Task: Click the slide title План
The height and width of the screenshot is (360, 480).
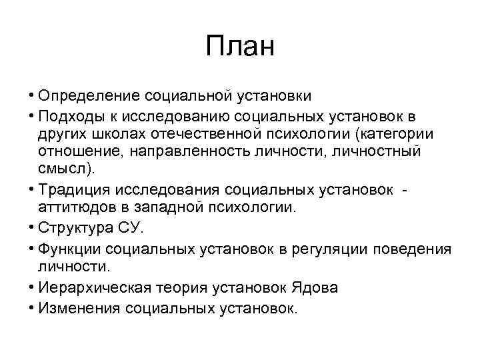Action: (x=240, y=47)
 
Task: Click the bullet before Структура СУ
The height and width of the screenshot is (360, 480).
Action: (x=32, y=227)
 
